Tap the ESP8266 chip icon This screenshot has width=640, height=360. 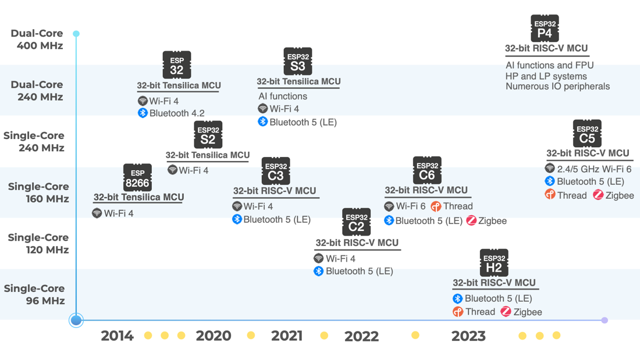tap(137, 177)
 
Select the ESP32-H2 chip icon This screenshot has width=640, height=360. tap(493, 263)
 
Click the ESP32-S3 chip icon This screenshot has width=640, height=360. tap(297, 62)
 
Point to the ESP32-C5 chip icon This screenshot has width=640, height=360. tap(586, 134)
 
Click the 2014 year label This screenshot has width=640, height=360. tap(117, 336)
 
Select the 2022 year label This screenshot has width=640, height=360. tap(361, 336)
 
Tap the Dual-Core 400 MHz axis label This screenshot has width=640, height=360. tap(37, 39)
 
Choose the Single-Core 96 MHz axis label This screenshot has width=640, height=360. tap(34, 294)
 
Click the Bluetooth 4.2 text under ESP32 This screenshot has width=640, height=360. tap(177, 113)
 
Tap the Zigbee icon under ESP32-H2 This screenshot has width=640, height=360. tap(506, 312)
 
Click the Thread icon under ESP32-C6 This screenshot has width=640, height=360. tap(436, 206)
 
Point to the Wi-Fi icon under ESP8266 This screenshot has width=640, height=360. tap(97, 213)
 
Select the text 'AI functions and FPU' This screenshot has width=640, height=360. tap(549, 65)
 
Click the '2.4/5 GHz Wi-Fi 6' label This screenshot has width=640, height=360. tap(594, 169)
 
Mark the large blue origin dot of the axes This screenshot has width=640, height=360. tap(76, 320)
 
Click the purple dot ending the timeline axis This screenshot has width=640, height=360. tap(605, 320)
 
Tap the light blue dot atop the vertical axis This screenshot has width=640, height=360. tap(76, 34)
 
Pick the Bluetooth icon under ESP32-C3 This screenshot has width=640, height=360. tap(237, 219)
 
